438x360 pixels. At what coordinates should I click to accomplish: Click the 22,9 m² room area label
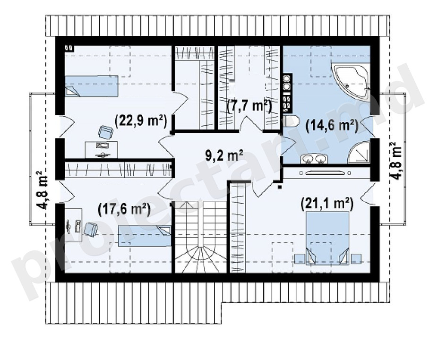[x=141, y=121]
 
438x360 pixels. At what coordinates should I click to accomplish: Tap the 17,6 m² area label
[x=124, y=209]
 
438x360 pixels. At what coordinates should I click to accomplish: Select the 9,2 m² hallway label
[x=224, y=156]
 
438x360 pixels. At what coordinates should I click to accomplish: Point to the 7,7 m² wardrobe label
[x=249, y=106]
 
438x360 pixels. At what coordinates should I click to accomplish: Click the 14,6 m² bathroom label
[x=332, y=125]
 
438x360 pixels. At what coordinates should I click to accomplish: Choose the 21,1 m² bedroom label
[x=327, y=204]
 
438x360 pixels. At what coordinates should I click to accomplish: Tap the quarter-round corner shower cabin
[x=359, y=153]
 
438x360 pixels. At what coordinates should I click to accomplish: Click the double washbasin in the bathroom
[x=314, y=159]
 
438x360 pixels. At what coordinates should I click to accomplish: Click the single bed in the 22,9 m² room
[x=91, y=86]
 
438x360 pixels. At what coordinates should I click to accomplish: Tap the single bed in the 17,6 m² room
[x=145, y=236]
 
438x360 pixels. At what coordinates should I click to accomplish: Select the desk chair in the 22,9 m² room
[x=105, y=132]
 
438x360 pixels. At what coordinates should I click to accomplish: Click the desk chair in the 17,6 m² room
[x=90, y=229]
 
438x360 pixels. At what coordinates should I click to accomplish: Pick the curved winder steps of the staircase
[x=200, y=258]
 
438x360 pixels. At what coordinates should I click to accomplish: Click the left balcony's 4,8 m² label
[x=43, y=189]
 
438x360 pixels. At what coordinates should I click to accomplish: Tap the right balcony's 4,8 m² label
[x=396, y=161]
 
